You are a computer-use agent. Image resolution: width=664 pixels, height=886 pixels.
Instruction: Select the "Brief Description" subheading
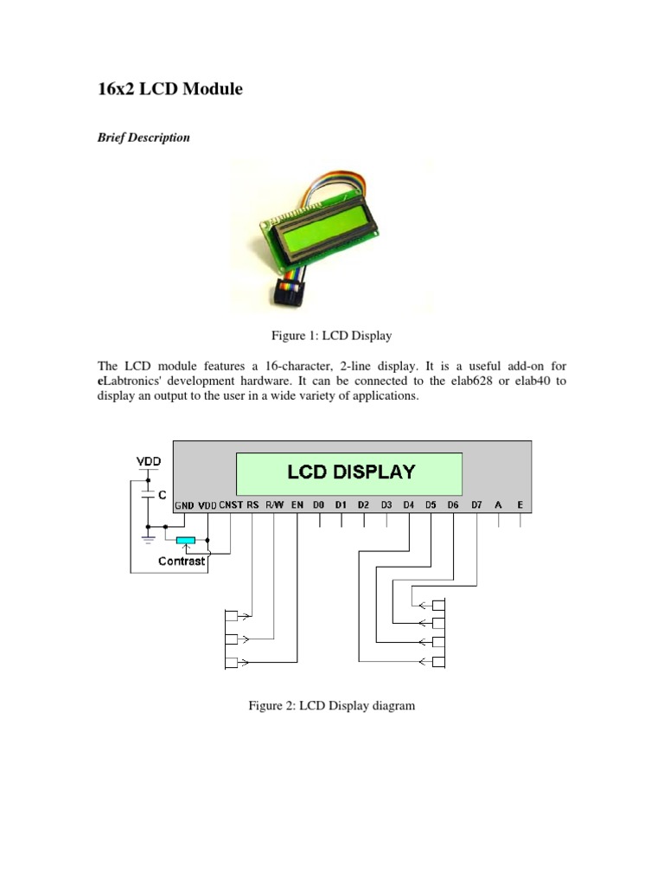point(144,138)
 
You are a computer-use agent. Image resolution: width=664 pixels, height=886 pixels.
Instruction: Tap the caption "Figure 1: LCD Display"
point(332,334)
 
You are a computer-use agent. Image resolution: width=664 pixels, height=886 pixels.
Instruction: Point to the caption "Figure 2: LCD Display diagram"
point(332,706)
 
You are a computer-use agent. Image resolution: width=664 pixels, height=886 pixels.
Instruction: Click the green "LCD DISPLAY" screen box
point(349,472)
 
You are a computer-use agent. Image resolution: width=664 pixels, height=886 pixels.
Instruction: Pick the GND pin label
point(185,504)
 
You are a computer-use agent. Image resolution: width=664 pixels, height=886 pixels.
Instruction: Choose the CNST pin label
point(231,504)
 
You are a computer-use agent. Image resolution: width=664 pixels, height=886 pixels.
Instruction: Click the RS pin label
point(252,504)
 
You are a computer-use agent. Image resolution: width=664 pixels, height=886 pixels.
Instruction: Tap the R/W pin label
point(275,504)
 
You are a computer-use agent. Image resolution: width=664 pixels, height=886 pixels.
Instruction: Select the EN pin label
point(297,504)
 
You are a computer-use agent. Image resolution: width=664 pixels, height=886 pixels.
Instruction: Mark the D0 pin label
point(319,504)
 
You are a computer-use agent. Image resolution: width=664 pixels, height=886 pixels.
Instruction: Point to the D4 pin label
point(408,504)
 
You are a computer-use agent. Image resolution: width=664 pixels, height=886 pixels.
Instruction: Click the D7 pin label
point(476,504)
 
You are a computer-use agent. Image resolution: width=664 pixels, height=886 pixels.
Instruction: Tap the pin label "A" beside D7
point(499,504)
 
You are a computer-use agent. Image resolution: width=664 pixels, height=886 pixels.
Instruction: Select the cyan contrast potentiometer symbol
point(185,542)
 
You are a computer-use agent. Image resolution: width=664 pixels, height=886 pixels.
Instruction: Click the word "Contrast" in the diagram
point(182,561)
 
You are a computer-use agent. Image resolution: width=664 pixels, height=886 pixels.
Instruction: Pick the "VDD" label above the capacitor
point(148,461)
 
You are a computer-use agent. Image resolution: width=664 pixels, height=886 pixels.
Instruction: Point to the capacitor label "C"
point(162,494)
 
